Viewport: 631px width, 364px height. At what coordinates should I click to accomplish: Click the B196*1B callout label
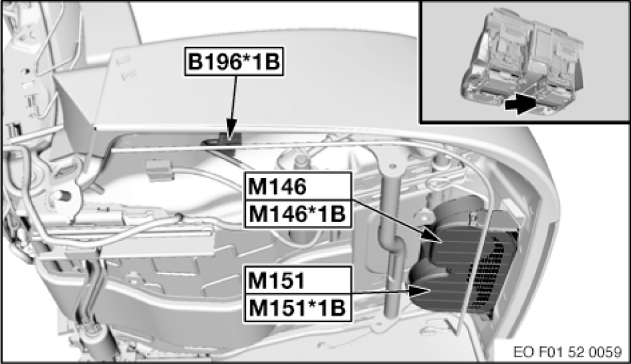[234, 63]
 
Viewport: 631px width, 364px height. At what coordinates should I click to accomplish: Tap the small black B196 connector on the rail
[230, 137]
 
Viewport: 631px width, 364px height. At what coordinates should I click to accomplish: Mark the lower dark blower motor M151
[443, 292]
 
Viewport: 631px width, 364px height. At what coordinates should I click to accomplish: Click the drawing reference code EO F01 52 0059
[567, 352]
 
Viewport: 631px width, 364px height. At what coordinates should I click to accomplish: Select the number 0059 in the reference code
[606, 352]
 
